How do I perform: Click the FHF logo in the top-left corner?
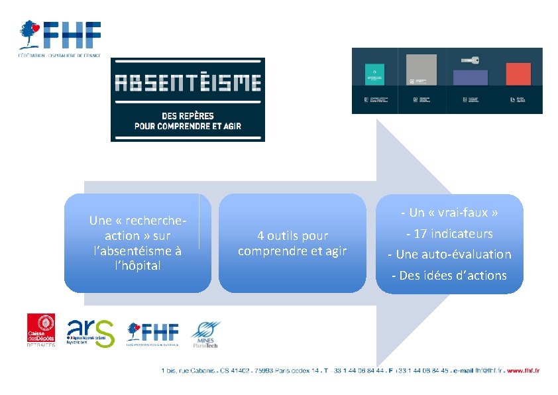pyautogui.click(x=60, y=37)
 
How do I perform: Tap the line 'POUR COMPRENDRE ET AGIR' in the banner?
pyautogui.click(x=188, y=125)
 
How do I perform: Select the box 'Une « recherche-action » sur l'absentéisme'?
pyautogui.click(x=138, y=243)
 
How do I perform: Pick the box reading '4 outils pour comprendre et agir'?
pyautogui.click(x=292, y=243)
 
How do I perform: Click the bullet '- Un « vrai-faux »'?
pyautogui.click(x=449, y=213)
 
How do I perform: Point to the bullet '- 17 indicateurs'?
pyautogui.click(x=449, y=233)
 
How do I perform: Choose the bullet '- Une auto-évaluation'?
pyautogui.click(x=449, y=254)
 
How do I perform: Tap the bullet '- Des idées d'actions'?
pyautogui.click(x=449, y=275)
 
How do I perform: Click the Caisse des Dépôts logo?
pyautogui.click(x=41, y=329)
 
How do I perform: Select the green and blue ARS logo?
pyautogui.click(x=91, y=333)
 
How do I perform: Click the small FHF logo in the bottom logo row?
pyautogui.click(x=152, y=333)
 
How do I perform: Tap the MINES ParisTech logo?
pyautogui.click(x=205, y=335)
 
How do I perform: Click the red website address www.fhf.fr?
pyautogui.click(x=523, y=370)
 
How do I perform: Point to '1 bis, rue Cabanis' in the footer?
pyautogui.click(x=186, y=370)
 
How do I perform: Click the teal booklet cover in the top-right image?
pyautogui.click(x=376, y=74)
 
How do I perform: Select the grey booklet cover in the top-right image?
pyautogui.click(x=421, y=70)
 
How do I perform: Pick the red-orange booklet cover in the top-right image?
pyautogui.click(x=518, y=74)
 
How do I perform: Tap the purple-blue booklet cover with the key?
pyautogui.click(x=470, y=76)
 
